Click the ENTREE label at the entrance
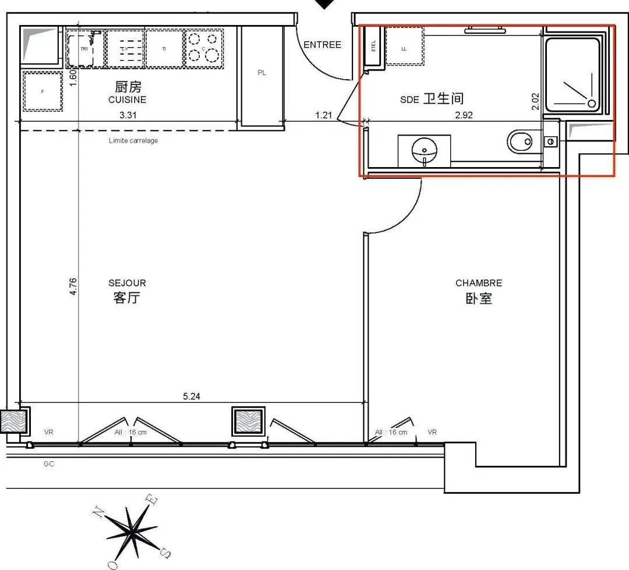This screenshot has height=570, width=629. pos(322,45)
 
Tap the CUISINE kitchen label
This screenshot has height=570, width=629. pos(127,100)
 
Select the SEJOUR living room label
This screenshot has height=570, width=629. pos(127,283)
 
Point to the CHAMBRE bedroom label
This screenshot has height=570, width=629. pos(478,283)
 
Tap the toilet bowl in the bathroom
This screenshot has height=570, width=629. pos(520,141)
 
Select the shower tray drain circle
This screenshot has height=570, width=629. pos(592,104)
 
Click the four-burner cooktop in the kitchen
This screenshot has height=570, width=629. pos(204,47)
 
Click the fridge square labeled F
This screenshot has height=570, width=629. pos(43,91)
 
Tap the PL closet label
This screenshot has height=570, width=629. pos(262,73)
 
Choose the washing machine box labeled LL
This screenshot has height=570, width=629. pos(404,48)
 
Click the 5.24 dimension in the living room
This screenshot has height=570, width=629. pos(192,396)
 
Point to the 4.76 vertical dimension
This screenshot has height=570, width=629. pos(73,286)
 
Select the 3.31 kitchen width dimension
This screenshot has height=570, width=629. pos(128,115)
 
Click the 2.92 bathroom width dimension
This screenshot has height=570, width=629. pos(464,115)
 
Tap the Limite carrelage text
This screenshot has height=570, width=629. pos(133,140)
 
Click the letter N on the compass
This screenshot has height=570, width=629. pos(100,512)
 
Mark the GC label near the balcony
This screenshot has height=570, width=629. pos(48,464)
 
